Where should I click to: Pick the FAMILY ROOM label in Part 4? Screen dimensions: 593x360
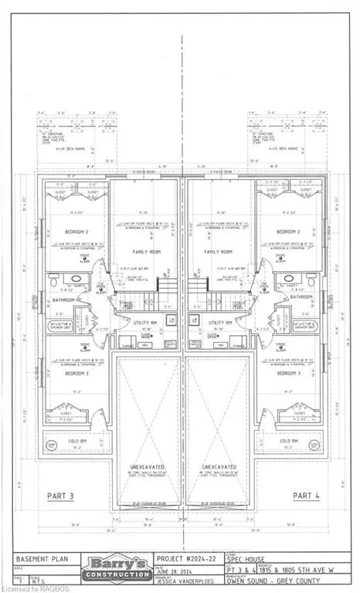[x=219, y=252]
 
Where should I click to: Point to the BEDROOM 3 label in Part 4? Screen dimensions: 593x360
[x=287, y=372]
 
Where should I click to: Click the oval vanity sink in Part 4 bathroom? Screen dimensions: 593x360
[x=287, y=279]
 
